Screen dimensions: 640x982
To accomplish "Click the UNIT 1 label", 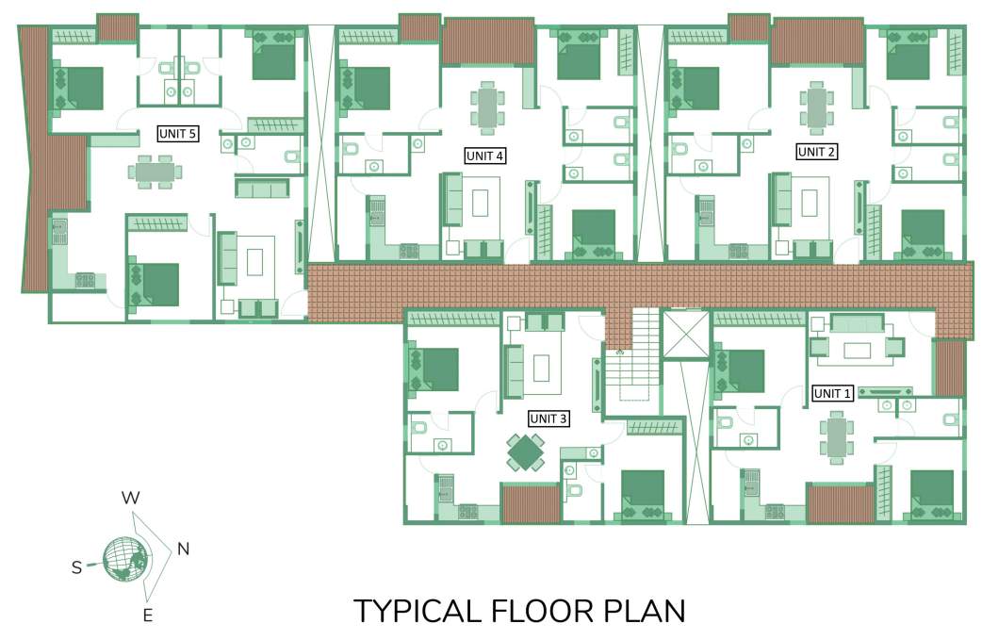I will [x=832, y=394].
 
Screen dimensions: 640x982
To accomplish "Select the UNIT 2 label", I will [x=815, y=151].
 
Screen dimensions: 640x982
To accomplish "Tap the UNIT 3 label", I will [x=548, y=418].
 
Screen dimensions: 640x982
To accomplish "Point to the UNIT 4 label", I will [x=485, y=156].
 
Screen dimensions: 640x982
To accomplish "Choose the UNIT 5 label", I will [x=176, y=134].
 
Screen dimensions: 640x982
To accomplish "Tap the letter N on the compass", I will [x=183, y=550].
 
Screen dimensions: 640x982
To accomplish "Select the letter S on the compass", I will [x=77, y=566].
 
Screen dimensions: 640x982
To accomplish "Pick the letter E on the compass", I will [x=147, y=616].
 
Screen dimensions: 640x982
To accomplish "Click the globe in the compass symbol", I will [x=125, y=558].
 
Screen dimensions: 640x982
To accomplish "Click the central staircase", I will [x=630, y=363].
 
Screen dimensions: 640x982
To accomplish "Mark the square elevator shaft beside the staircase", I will [x=685, y=335].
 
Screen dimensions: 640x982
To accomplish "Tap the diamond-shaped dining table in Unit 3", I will [x=526, y=451].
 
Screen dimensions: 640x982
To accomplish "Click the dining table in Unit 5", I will [x=155, y=172].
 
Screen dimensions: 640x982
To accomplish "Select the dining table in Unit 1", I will [x=836, y=439].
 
